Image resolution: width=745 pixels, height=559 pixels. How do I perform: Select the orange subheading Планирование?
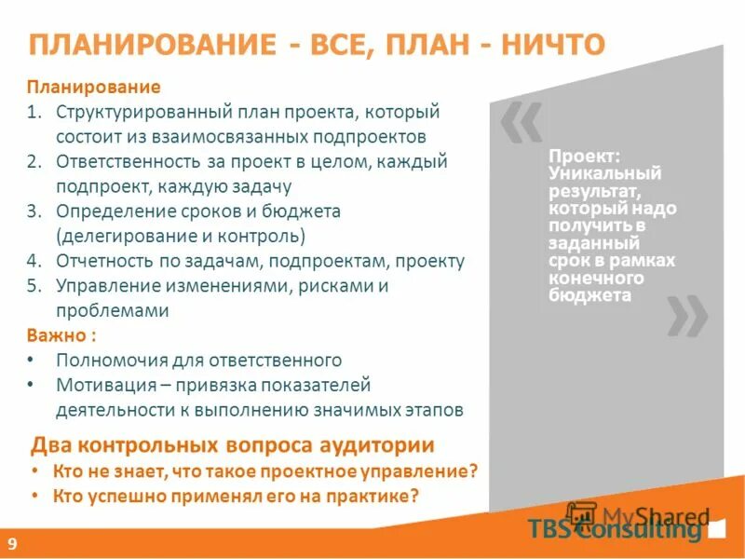coord(93,87)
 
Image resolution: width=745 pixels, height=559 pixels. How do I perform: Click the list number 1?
coord(34,112)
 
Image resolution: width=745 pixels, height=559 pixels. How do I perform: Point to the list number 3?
coord(34,211)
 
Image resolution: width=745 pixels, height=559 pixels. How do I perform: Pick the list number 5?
coord(34,286)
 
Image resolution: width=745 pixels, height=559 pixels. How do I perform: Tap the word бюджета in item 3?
coord(297,211)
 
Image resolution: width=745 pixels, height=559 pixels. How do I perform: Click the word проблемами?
coord(113,311)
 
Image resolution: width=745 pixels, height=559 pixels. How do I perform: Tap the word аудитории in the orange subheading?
coord(379,444)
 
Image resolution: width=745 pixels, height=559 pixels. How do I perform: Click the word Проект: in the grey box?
coord(577,157)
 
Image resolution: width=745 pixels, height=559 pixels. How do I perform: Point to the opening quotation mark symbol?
coord(519,124)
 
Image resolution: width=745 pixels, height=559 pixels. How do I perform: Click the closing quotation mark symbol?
coord(686,317)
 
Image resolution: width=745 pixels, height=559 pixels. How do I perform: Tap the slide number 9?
coord(13,543)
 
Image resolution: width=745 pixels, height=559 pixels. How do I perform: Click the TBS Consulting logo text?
coord(614,529)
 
